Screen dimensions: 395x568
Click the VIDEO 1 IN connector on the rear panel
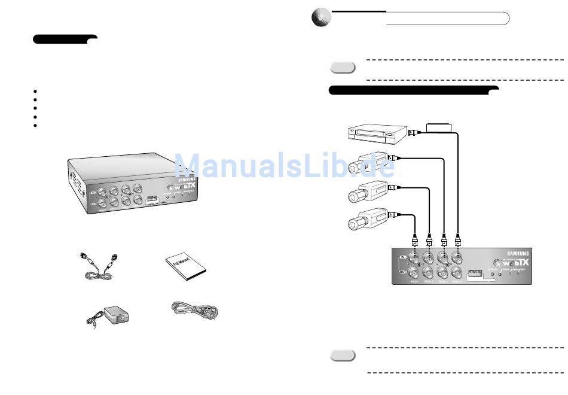(415, 259)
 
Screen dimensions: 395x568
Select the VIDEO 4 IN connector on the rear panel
(458, 259)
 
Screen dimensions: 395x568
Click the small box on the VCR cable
(439, 127)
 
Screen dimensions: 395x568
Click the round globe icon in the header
(320, 19)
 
